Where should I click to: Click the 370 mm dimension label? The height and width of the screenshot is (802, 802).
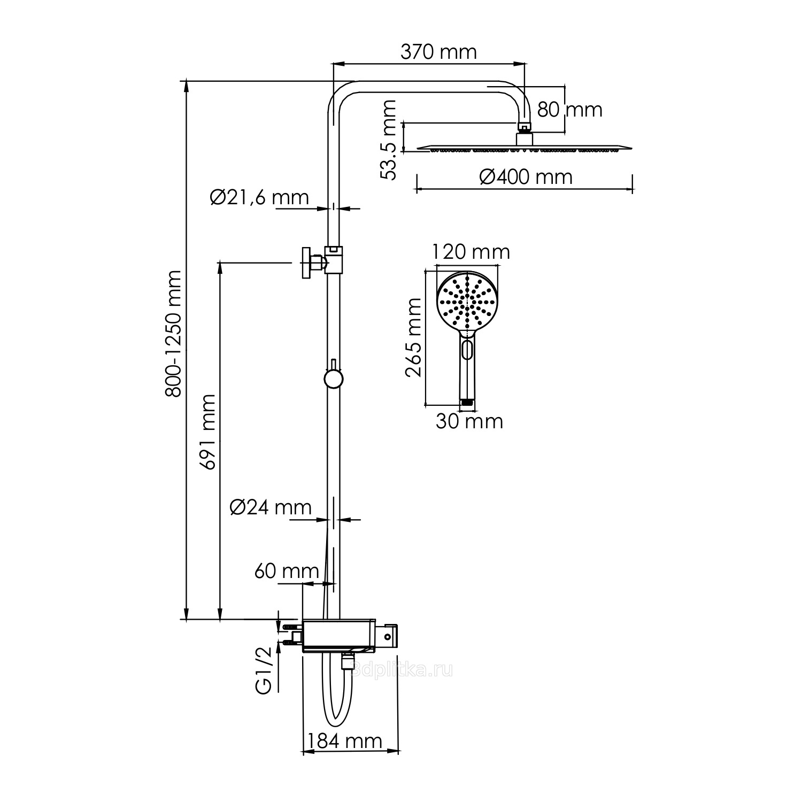click(x=438, y=52)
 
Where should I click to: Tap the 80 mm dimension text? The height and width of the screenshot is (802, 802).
click(x=569, y=110)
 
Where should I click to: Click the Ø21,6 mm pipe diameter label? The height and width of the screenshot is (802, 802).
click(x=259, y=197)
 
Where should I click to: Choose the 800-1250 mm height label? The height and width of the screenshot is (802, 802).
click(x=173, y=334)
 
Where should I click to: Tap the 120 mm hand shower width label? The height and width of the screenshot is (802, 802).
click(x=471, y=251)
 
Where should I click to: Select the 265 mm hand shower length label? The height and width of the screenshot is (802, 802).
click(x=413, y=337)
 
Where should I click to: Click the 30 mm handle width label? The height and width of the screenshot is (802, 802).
click(x=469, y=421)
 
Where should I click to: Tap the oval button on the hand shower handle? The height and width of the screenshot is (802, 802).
click(x=467, y=350)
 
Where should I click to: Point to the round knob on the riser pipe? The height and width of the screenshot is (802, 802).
click(x=333, y=379)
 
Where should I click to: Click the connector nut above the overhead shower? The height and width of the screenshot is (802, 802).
click(x=525, y=128)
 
